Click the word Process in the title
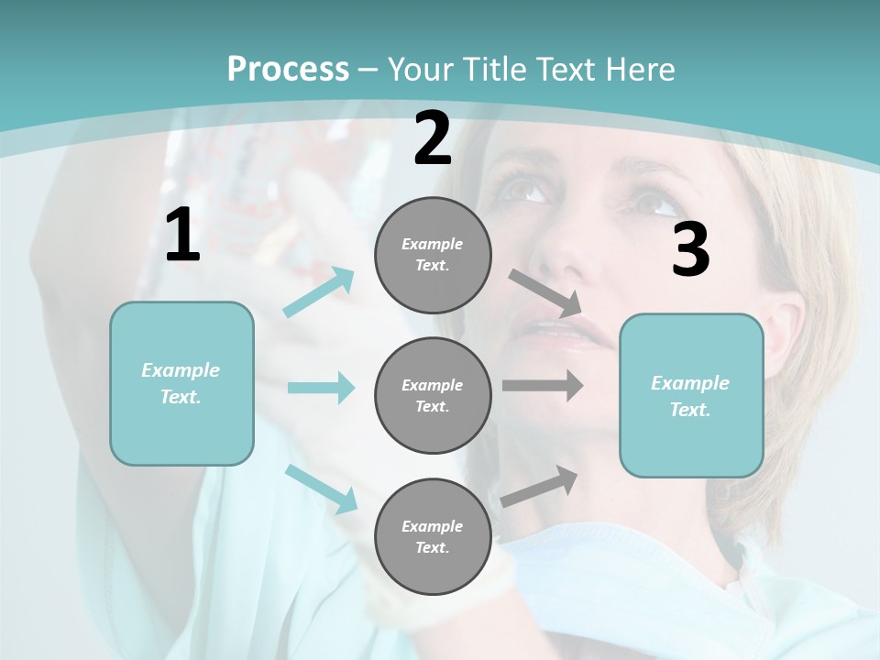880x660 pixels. [288, 70]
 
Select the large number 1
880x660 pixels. [182, 236]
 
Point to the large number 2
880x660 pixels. [433, 139]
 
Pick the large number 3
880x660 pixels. [690, 249]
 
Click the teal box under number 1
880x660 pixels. [181, 383]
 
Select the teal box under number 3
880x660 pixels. [691, 396]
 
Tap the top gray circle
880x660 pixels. [433, 255]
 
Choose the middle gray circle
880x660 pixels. [433, 396]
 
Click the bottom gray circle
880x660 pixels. [433, 537]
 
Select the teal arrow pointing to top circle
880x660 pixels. [319, 291]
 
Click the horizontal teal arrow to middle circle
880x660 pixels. [321, 388]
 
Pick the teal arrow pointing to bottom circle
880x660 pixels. [321, 489]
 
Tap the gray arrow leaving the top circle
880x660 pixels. [545, 291]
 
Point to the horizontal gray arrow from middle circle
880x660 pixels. [543, 386]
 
